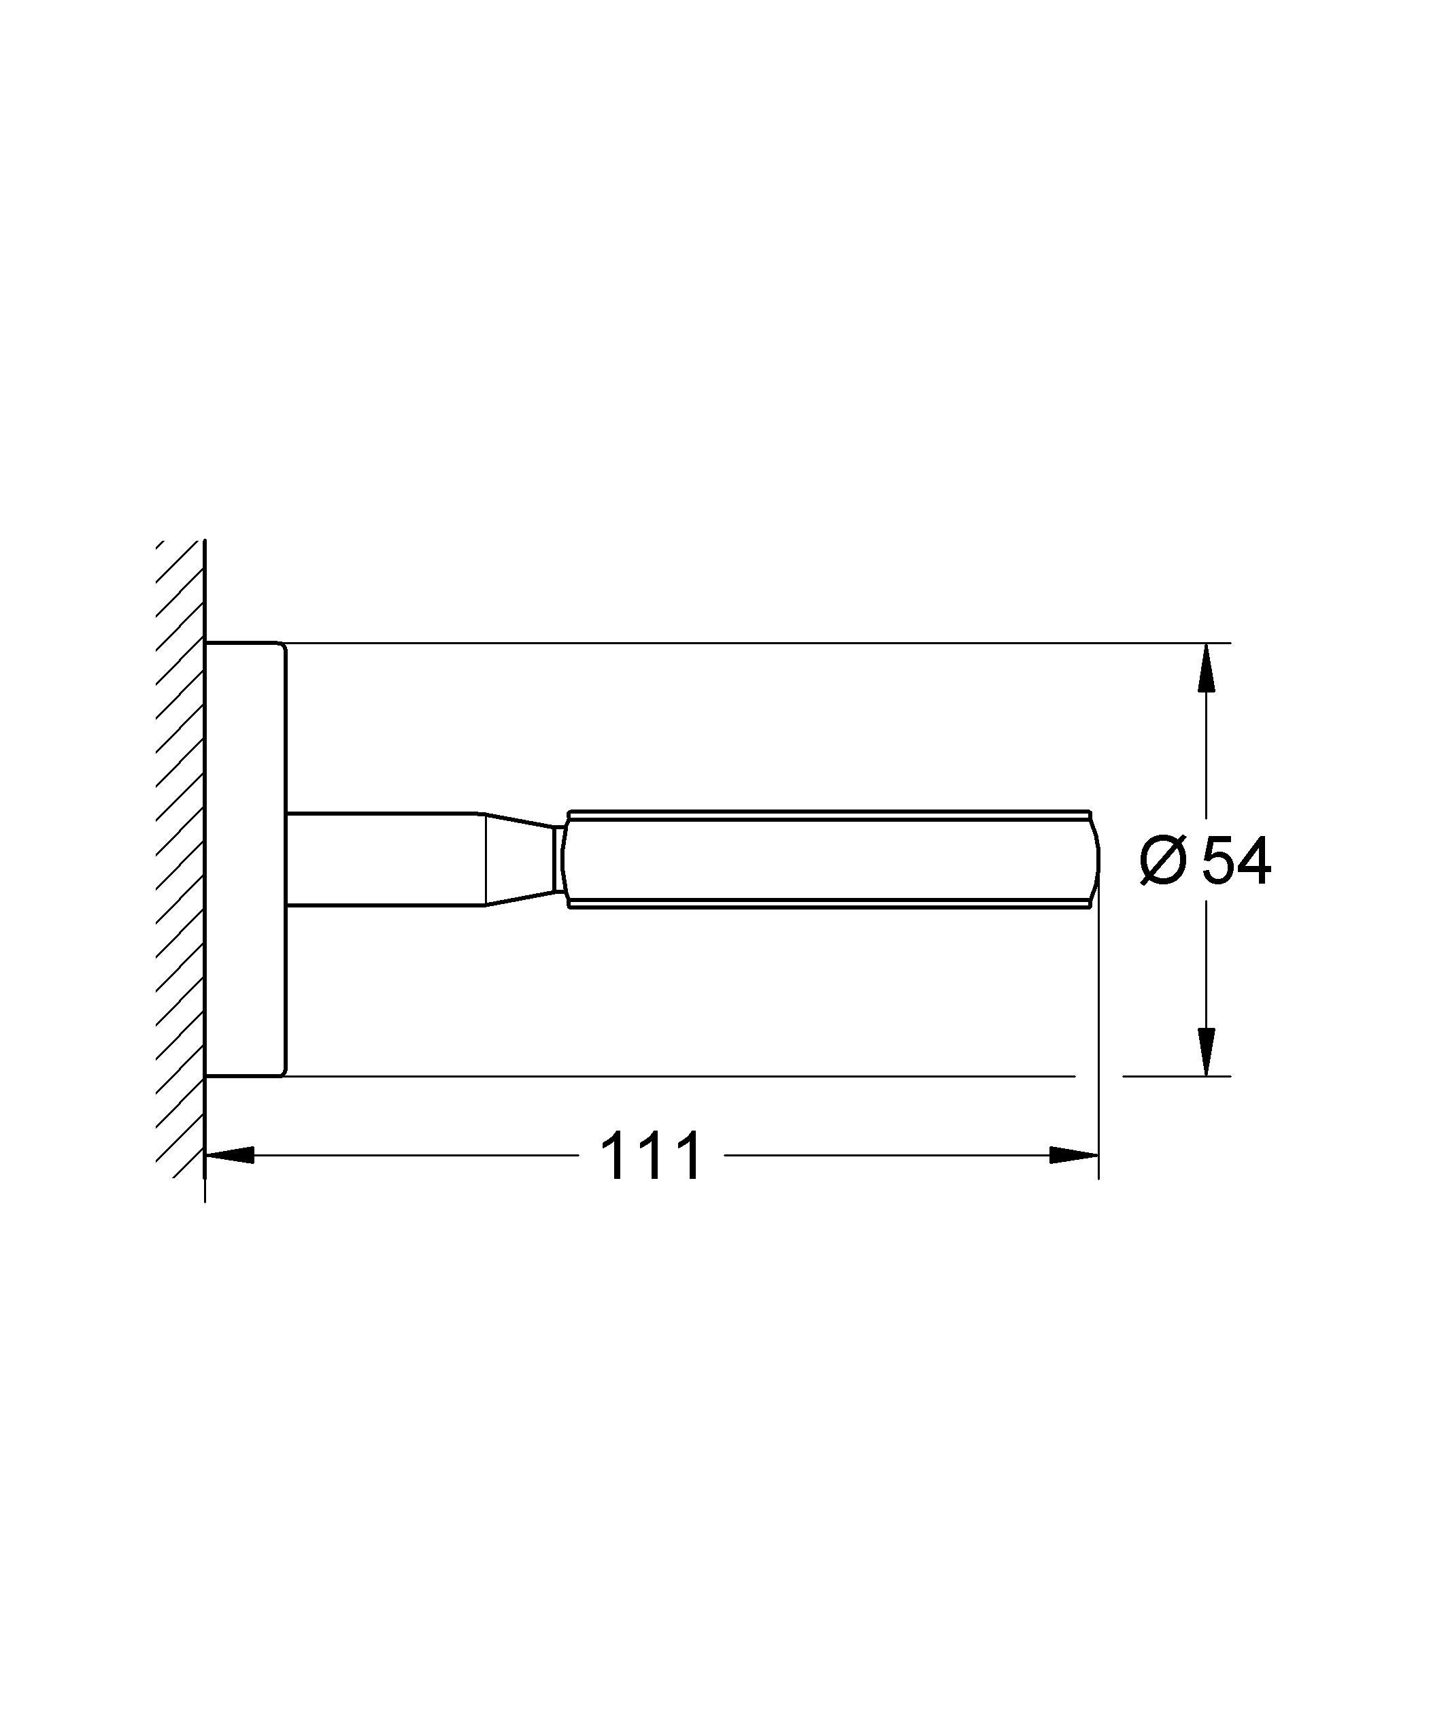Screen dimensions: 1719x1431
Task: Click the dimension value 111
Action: [x=651, y=1156]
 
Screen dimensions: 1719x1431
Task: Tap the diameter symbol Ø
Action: [x=1162, y=862]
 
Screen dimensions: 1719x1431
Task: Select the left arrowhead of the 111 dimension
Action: [x=229, y=1155]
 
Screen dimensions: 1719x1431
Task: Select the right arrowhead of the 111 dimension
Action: [x=1073, y=1155]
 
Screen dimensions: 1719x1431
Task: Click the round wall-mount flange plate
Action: [x=245, y=860]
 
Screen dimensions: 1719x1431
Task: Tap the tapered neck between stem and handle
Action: [x=520, y=860]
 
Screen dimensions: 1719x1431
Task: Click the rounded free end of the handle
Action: [x=1094, y=860]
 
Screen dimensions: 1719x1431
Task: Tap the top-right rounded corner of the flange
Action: [x=283, y=647]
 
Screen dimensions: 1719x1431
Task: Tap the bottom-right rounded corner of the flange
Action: [x=283, y=1072]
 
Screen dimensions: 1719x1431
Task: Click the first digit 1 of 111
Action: [x=615, y=1156]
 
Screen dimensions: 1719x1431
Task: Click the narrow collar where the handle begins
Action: [x=560, y=860]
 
